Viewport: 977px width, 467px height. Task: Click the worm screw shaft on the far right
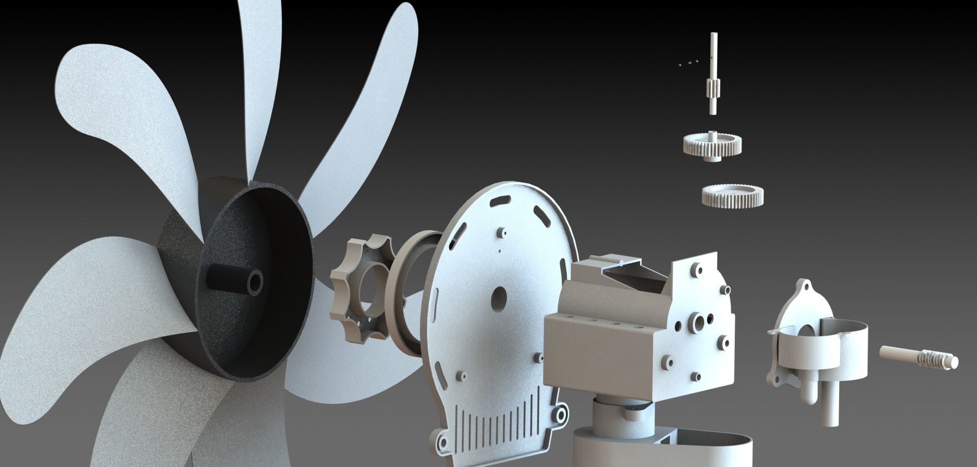coord(918,356)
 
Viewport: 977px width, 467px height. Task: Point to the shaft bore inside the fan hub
coord(255,281)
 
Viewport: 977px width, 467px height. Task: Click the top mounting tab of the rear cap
coord(804,285)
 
